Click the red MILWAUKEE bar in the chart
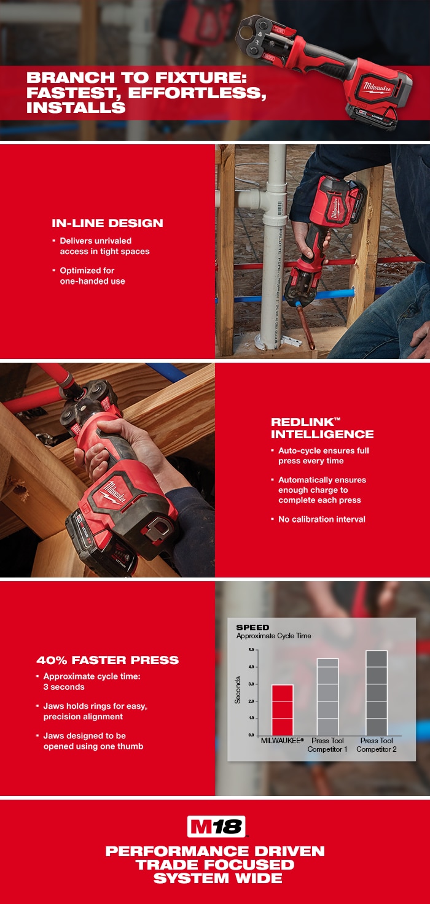point(283,710)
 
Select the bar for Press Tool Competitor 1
point(327,697)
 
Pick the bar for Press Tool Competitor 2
point(376,693)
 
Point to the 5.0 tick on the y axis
point(251,650)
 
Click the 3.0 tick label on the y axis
point(251,684)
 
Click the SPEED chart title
point(252,628)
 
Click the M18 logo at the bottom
point(216,827)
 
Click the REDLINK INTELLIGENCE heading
point(322,428)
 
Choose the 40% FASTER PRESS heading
point(107,660)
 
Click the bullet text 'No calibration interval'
point(321,519)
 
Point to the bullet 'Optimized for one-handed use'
point(92,276)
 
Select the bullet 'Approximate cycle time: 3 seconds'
point(92,681)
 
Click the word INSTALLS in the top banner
point(76,108)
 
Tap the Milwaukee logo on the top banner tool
point(375,85)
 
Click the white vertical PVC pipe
point(273,245)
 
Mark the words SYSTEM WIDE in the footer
point(215,878)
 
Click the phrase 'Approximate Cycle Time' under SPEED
point(273,636)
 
